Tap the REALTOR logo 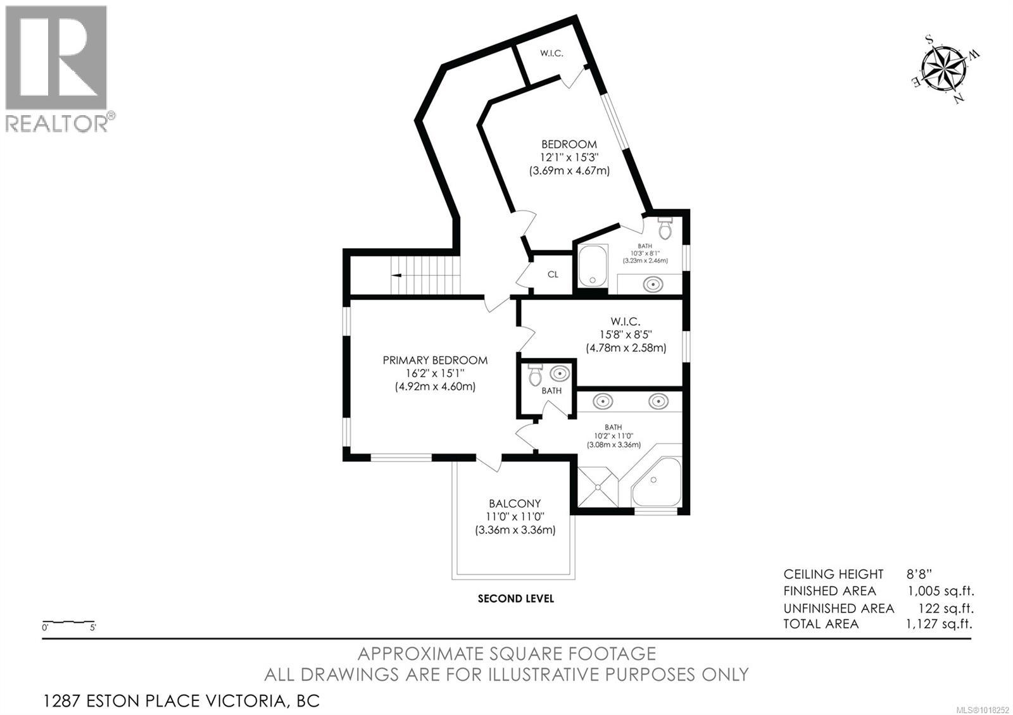click(x=57, y=68)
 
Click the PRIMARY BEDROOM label click(x=435, y=360)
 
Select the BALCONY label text click(x=515, y=504)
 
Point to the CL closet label click(x=553, y=275)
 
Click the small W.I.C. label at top click(x=551, y=53)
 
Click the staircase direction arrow click(x=397, y=275)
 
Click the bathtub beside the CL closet click(x=593, y=266)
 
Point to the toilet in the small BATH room click(x=535, y=376)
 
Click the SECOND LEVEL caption click(x=515, y=598)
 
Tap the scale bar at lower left click(x=68, y=623)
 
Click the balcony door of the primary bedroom click(x=488, y=464)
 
